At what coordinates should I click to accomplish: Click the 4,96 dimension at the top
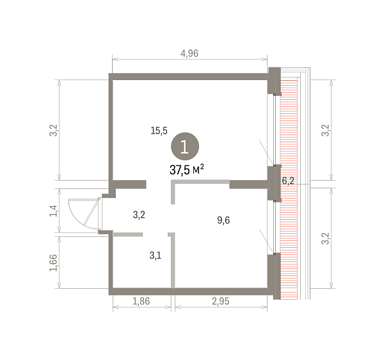(x=189, y=53)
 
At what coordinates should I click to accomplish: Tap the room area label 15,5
(x=159, y=131)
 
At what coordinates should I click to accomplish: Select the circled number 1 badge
(x=185, y=147)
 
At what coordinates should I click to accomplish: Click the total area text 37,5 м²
(x=187, y=170)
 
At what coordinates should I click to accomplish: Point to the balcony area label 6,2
(x=288, y=181)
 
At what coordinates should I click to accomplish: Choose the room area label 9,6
(x=223, y=220)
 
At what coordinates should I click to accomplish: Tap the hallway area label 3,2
(x=139, y=215)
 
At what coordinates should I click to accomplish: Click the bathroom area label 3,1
(x=156, y=256)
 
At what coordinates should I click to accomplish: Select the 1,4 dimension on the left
(x=53, y=211)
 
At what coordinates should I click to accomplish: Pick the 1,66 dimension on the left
(x=53, y=263)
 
